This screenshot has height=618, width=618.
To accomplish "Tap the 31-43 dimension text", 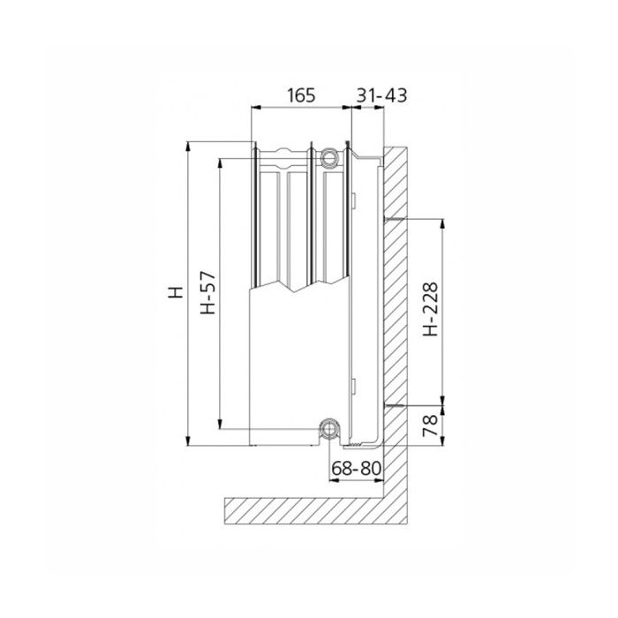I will [x=381, y=95].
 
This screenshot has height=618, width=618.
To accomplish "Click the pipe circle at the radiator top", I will [x=330, y=158].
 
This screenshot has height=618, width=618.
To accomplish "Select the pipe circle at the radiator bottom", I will [x=329, y=430].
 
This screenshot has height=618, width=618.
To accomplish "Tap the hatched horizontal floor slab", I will [x=309, y=509].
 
